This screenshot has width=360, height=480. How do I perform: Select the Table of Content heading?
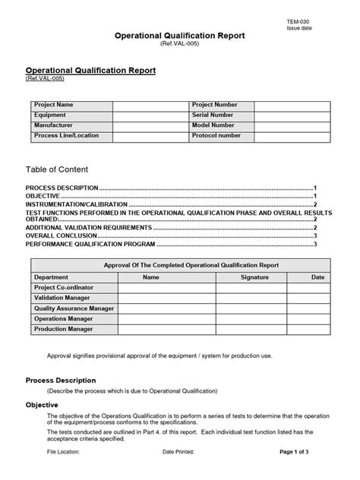57,169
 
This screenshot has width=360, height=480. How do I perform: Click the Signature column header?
254,277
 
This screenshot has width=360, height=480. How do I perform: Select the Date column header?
317,277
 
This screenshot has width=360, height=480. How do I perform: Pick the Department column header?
52,277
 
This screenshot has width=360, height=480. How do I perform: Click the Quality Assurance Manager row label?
74,308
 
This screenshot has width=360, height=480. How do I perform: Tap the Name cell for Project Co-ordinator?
151,288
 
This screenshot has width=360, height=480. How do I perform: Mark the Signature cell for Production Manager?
254,329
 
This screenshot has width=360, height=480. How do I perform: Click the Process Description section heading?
61,380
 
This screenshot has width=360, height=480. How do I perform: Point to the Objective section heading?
43,405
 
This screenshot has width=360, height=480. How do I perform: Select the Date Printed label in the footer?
178,451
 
